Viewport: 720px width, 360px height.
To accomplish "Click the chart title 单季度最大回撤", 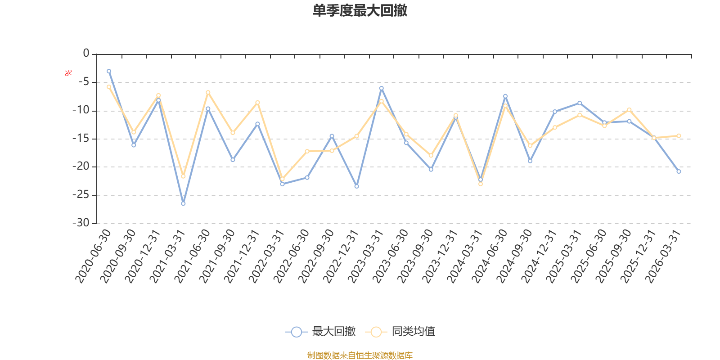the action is (360, 10).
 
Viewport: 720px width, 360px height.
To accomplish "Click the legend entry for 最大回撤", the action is (320, 331).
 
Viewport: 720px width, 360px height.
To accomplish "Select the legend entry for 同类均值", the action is (400, 331).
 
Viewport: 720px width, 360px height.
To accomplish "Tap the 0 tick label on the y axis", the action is (86, 53).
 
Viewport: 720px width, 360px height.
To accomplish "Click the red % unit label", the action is (68, 73).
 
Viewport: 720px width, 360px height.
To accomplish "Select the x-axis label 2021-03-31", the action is (167, 256).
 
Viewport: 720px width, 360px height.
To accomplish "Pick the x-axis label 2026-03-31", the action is (663, 256).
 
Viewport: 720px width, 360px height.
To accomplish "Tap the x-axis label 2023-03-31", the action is (366, 256).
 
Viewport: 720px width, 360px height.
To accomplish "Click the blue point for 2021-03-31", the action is (183, 203).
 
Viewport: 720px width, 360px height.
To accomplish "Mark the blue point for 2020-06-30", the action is (109, 72).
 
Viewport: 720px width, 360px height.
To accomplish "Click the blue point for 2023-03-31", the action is (382, 88).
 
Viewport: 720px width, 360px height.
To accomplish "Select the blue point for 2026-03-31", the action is (679, 171).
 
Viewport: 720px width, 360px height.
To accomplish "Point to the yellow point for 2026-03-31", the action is (679, 136).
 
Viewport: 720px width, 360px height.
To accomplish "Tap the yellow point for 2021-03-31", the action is (183, 176).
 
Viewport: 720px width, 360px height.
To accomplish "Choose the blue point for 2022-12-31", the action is (357, 186).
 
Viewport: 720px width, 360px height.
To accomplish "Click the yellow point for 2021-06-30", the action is (208, 93).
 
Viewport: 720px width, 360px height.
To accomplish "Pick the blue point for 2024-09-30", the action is (530, 161).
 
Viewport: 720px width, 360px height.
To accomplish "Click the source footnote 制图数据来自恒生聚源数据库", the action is (360, 355).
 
